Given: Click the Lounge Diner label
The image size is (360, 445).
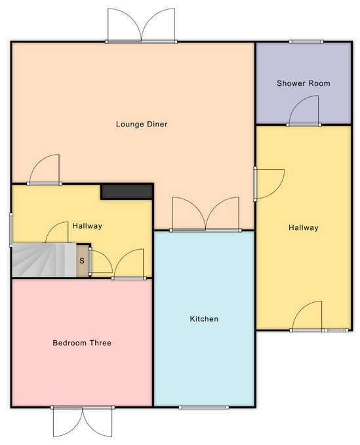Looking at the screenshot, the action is point(142,125).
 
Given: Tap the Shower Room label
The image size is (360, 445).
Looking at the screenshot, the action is point(303,83).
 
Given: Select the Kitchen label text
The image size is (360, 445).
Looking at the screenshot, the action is point(204,319).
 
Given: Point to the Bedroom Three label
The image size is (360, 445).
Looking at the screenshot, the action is point(82,343).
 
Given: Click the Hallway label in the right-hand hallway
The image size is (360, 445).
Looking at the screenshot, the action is point(303,227).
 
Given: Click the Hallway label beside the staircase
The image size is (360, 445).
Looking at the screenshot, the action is point(87,226).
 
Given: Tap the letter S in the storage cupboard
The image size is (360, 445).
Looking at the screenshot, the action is point(82,261).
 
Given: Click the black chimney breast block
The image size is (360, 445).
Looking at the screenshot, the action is point(127,191).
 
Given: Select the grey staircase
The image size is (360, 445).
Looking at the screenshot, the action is point(44,260).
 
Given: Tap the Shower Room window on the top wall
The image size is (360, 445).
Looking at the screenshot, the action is point(306,42).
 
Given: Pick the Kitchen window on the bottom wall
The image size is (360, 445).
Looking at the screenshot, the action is point(203,407).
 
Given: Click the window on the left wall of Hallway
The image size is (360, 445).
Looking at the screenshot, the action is point(11,230).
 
